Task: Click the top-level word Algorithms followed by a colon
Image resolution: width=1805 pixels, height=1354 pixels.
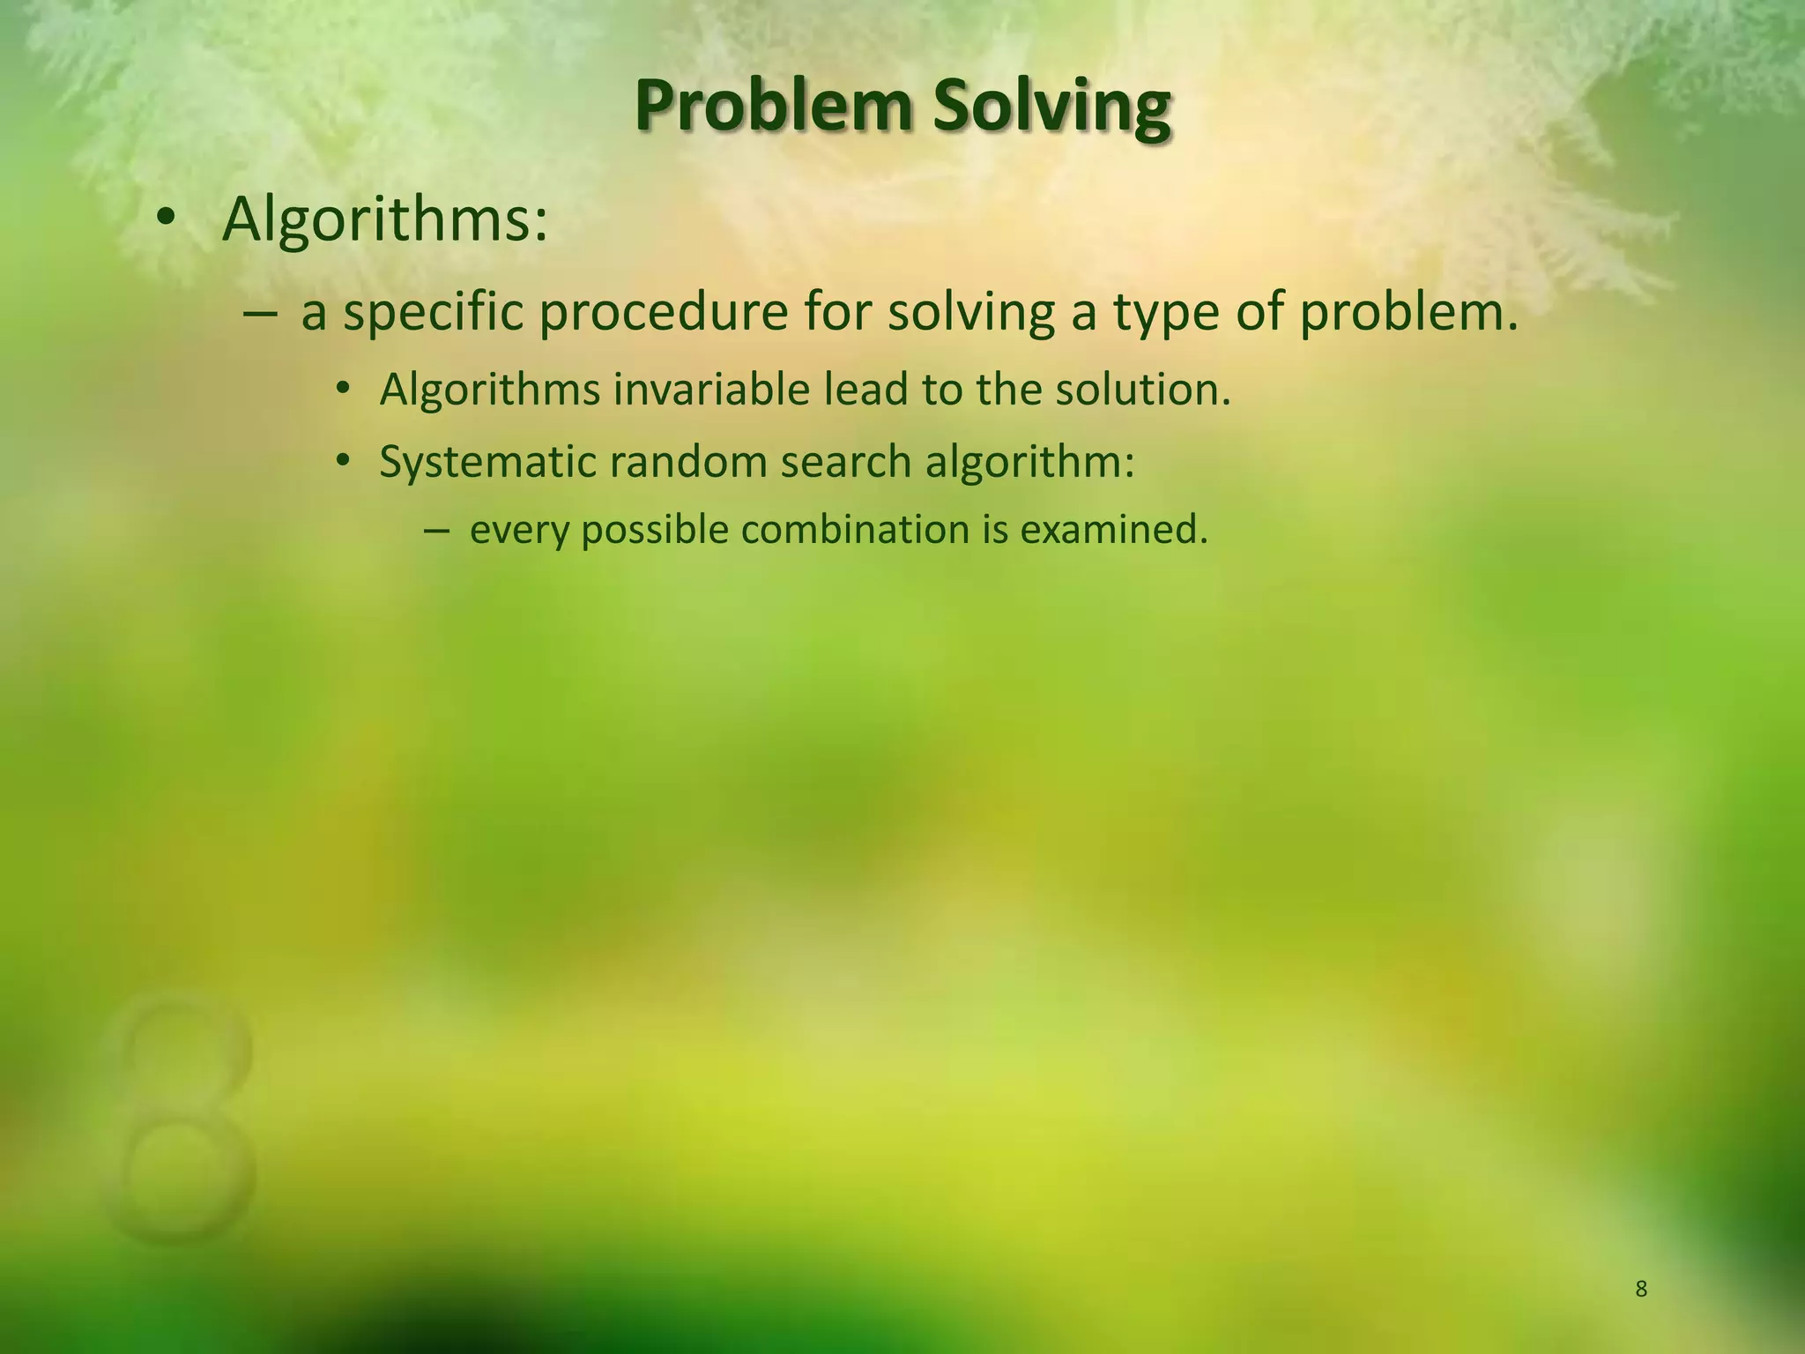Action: (385, 220)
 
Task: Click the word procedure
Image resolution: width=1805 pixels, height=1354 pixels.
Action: (663, 312)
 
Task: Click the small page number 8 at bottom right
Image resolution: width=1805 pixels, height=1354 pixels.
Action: (1641, 1290)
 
